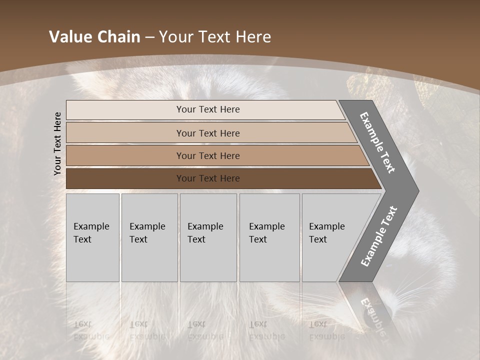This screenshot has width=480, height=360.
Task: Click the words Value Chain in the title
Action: [94, 37]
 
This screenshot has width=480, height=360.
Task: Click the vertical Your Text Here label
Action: [58, 143]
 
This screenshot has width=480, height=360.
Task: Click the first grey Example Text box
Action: [92, 237]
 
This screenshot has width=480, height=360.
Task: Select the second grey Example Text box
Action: [149, 237]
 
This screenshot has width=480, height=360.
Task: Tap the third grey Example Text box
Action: [208, 237]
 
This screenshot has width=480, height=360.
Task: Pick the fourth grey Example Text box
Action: [269, 237]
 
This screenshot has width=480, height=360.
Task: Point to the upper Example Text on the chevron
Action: [377, 142]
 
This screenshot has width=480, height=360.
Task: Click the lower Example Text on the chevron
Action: [378, 236]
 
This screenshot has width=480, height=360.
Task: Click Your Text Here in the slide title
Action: [215, 37]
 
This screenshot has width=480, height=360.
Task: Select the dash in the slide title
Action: [149, 37]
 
